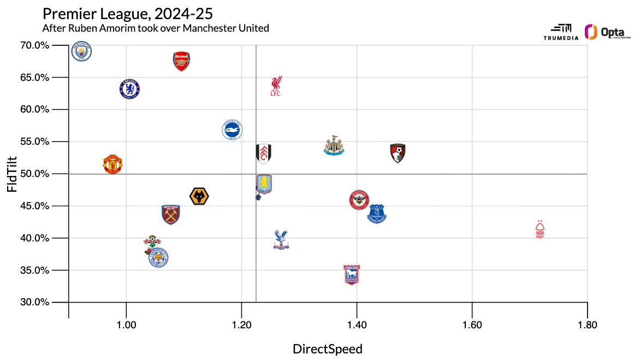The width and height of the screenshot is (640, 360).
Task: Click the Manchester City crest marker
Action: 82,52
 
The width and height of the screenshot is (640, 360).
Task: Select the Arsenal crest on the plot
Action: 181,61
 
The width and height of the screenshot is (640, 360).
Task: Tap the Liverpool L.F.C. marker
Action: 276,86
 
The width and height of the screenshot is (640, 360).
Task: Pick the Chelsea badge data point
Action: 130,88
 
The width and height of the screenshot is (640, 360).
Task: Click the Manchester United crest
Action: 112,164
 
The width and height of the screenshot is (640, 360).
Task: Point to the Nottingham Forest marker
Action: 540,229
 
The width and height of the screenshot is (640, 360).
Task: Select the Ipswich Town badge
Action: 351,275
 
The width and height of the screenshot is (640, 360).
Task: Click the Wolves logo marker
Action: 200,196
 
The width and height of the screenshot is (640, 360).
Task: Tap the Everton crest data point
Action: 377,214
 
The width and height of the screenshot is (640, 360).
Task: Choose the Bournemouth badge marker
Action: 398,154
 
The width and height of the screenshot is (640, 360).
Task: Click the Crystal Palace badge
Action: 281,239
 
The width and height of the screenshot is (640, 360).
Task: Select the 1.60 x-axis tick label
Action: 472,325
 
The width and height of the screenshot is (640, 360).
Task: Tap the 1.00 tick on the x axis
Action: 126,325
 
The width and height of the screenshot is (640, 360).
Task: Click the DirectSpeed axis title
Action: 328,349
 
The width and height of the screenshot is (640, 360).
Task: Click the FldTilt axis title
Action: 12,174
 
